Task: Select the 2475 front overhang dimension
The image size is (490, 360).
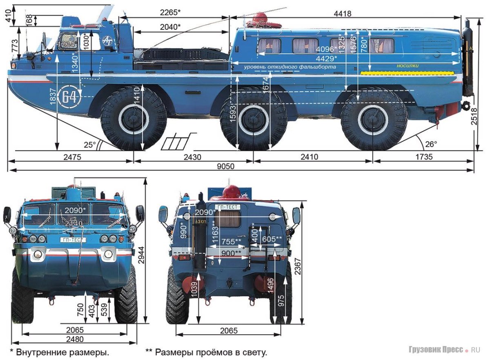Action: point(73,157)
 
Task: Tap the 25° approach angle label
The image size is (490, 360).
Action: point(89,144)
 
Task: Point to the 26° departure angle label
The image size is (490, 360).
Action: point(431,144)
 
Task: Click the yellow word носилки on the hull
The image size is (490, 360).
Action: point(407,65)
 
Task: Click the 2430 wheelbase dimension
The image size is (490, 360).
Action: point(192,157)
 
